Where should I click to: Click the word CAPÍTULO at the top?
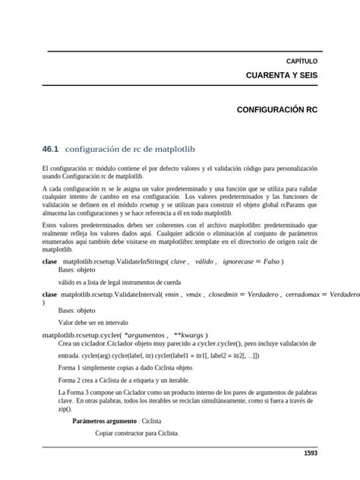click(x=302, y=61)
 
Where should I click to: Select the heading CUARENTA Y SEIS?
click(x=282, y=76)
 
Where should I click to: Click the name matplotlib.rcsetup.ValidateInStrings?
click(x=112, y=261)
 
